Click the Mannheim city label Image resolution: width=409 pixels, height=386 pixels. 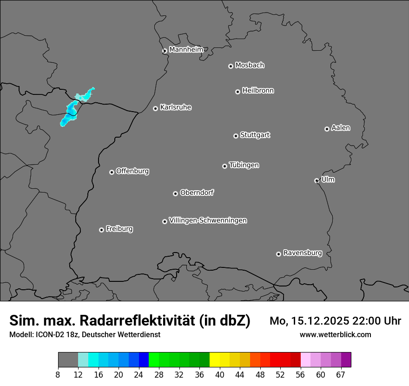[x=186, y=49]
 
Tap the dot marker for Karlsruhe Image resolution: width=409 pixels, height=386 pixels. [x=155, y=108]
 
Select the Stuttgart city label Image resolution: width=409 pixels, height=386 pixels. [x=255, y=135]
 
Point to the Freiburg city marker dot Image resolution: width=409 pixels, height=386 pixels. [x=101, y=230]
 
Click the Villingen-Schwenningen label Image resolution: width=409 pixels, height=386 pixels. [x=208, y=220]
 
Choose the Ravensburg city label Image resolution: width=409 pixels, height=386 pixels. [x=302, y=253]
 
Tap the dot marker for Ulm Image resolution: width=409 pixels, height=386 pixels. [x=317, y=180]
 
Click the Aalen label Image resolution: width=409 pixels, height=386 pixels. [x=341, y=128]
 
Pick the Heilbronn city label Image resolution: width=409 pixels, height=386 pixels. [x=258, y=91]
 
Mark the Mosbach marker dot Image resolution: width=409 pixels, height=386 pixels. [x=231, y=66]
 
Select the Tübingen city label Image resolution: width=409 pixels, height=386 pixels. [x=244, y=165]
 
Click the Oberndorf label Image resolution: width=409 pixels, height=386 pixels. [x=197, y=193]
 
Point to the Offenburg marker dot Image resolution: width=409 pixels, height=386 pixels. [x=112, y=172]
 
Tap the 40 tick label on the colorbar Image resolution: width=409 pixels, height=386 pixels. [x=220, y=374]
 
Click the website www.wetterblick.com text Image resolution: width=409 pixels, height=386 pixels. [x=335, y=335]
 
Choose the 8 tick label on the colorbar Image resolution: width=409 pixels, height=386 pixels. [x=58, y=374]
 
